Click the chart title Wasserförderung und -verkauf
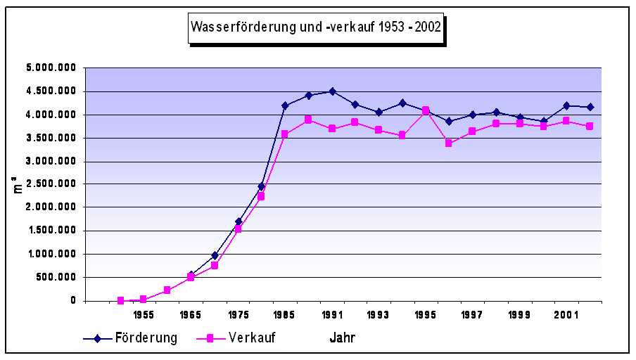(x=316, y=27)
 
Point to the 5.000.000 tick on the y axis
(x=51, y=68)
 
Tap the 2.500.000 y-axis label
(x=51, y=184)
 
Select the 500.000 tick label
(x=56, y=277)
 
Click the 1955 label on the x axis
(x=144, y=316)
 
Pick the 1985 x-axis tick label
(x=285, y=316)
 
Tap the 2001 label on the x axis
(x=567, y=316)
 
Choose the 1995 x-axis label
(x=426, y=316)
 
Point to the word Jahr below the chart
(x=343, y=338)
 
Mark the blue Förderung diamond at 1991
(x=332, y=91)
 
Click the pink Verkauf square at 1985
(x=285, y=134)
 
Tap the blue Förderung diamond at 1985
(x=285, y=105)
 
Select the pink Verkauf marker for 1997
(x=473, y=131)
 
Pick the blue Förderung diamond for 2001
(x=567, y=105)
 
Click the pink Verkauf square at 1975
(x=238, y=229)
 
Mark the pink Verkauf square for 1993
(x=379, y=130)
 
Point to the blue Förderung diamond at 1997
(x=473, y=115)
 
